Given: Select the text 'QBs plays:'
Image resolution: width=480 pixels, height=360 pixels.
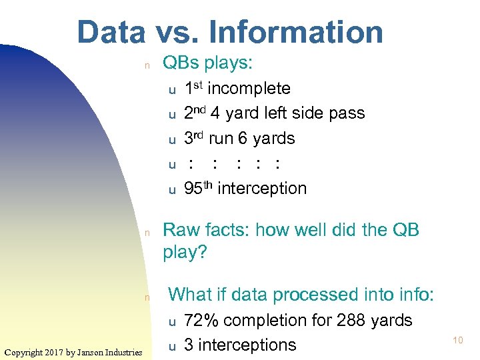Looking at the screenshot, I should pyautogui.click(x=207, y=63).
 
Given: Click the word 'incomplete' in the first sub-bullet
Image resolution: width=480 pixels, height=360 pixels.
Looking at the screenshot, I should pyautogui.click(x=249, y=88).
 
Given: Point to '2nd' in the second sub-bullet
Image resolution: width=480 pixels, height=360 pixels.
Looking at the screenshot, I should pyautogui.click(x=195, y=113).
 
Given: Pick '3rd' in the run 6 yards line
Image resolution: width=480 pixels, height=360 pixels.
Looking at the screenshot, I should pyautogui.click(x=194, y=138).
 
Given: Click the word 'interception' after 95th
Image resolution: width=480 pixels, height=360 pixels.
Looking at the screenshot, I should pyautogui.click(x=262, y=189).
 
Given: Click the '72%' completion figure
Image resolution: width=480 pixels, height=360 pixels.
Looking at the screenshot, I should pyautogui.click(x=201, y=320).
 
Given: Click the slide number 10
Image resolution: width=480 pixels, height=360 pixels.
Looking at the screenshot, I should pyautogui.click(x=457, y=341).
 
